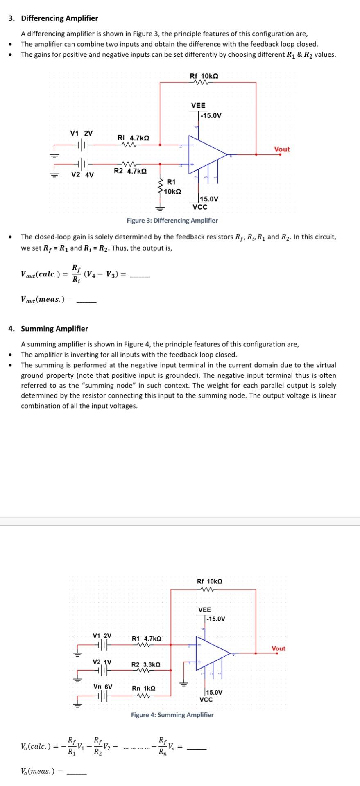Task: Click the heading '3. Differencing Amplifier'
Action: tap(59, 18)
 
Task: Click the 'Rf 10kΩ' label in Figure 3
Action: tap(204, 76)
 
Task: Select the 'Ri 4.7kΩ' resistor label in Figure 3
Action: tap(133, 138)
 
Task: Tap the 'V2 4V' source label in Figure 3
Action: tap(82, 175)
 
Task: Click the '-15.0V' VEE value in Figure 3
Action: tap(211, 115)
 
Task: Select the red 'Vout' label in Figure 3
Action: tap(282, 149)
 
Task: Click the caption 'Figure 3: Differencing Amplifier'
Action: tap(172, 221)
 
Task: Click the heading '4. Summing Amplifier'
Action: tap(54, 329)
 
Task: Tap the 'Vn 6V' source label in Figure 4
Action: tap(103, 687)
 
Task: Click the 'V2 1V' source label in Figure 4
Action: tap(102, 662)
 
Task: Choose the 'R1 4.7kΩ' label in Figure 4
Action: tap(147, 638)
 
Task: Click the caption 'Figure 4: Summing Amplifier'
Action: tap(172, 715)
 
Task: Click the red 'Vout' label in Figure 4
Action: tap(278, 648)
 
